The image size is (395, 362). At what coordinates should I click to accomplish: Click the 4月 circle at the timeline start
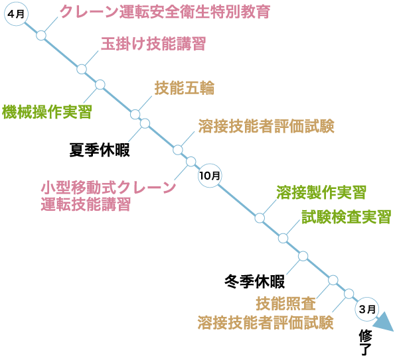(x=15, y=14)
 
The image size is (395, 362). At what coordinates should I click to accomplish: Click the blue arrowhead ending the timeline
(x=383, y=323)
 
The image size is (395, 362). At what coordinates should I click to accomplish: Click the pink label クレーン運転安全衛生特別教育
(x=156, y=12)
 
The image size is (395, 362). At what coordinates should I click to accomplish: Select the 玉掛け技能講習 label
(x=153, y=44)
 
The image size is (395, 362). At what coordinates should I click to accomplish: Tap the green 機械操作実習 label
(x=46, y=112)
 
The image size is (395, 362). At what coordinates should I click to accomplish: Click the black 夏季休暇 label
(x=100, y=150)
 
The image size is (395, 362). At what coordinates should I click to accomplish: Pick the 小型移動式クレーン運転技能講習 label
(x=108, y=196)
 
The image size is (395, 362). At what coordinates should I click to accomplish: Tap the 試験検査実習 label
(x=346, y=217)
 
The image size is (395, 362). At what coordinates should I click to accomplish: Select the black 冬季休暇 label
(x=255, y=282)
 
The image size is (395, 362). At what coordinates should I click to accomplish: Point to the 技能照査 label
(x=286, y=304)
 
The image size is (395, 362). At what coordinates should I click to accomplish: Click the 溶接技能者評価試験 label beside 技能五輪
(x=266, y=126)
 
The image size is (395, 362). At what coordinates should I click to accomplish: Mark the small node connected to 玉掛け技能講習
(x=82, y=69)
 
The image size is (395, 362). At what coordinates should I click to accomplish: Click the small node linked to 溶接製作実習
(x=260, y=217)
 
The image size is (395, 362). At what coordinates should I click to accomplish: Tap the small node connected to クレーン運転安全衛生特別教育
(x=41, y=35)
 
